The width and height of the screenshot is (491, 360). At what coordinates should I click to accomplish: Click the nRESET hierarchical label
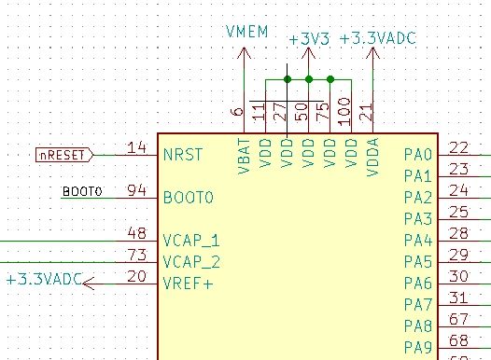[x=64, y=155]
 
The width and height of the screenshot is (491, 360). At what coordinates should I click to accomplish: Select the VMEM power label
[x=246, y=32]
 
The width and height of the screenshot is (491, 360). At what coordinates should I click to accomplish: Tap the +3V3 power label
[x=309, y=39]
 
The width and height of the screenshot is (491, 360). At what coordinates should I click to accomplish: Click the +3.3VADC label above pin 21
[x=378, y=38]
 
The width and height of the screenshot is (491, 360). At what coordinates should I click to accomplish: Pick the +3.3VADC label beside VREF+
[x=44, y=279]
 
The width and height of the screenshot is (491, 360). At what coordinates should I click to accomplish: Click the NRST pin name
[x=183, y=155]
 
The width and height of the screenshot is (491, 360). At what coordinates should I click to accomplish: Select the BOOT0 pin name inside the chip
[x=189, y=198]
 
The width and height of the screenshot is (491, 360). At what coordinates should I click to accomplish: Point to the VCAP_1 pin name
[x=191, y=241]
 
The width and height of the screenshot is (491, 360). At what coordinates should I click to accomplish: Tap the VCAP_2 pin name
[x=191, y=262]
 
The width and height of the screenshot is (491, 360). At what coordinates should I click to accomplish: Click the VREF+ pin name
[x=188, y=284]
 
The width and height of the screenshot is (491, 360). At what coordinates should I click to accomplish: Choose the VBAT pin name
[x=245, y=157]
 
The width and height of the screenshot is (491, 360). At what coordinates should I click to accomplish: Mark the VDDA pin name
[x=372, y=158]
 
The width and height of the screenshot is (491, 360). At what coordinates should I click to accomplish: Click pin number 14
[x=137, y=147]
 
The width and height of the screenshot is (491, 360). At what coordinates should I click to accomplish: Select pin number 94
[x=136, y=190]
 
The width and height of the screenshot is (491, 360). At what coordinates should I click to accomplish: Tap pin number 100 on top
[x=344, y=112]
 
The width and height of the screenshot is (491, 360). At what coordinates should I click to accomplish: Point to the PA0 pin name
[x=418, y=154]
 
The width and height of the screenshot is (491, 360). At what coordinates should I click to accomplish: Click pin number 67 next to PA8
[x=458, y=319]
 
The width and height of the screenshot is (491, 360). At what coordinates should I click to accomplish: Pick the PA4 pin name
[x=418, y=241]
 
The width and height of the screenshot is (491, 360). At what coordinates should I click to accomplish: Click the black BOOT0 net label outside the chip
[x=82, y=191]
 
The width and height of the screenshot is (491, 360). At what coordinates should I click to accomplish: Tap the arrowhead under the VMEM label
[x=244, y=53]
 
